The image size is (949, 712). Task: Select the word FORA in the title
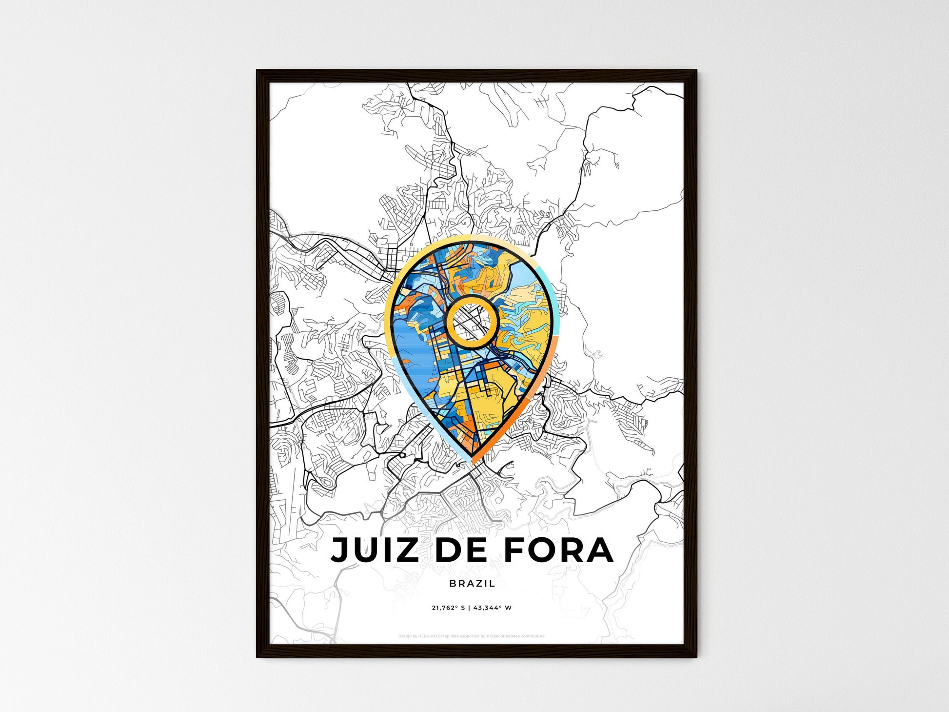[558, 550]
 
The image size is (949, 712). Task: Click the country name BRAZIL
[472, 583]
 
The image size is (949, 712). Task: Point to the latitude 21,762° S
[448, 608]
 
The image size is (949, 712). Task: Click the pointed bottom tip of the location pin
[472, 461]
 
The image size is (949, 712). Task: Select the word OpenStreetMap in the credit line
[504, 636]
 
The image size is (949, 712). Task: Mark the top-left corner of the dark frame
[257, 71]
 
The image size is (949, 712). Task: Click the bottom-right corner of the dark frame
[696, 656]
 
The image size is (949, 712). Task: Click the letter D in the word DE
[445, 550]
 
